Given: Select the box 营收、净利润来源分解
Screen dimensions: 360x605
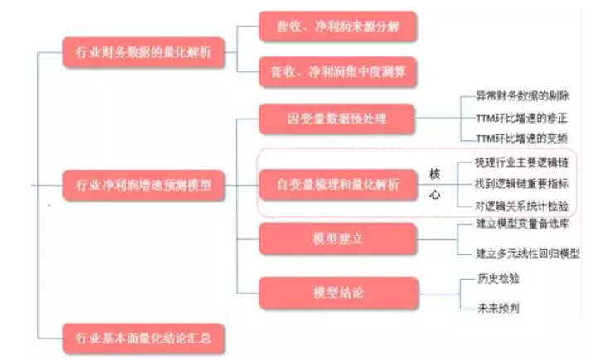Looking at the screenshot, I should click(336, 27).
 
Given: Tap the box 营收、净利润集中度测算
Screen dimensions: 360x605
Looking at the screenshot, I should click(336, 72).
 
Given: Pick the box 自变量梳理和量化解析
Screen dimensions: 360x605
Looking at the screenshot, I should click(336, 185).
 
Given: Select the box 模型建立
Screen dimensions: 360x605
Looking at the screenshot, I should click(336, 239).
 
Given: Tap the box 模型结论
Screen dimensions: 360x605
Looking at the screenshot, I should click(336, 293).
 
